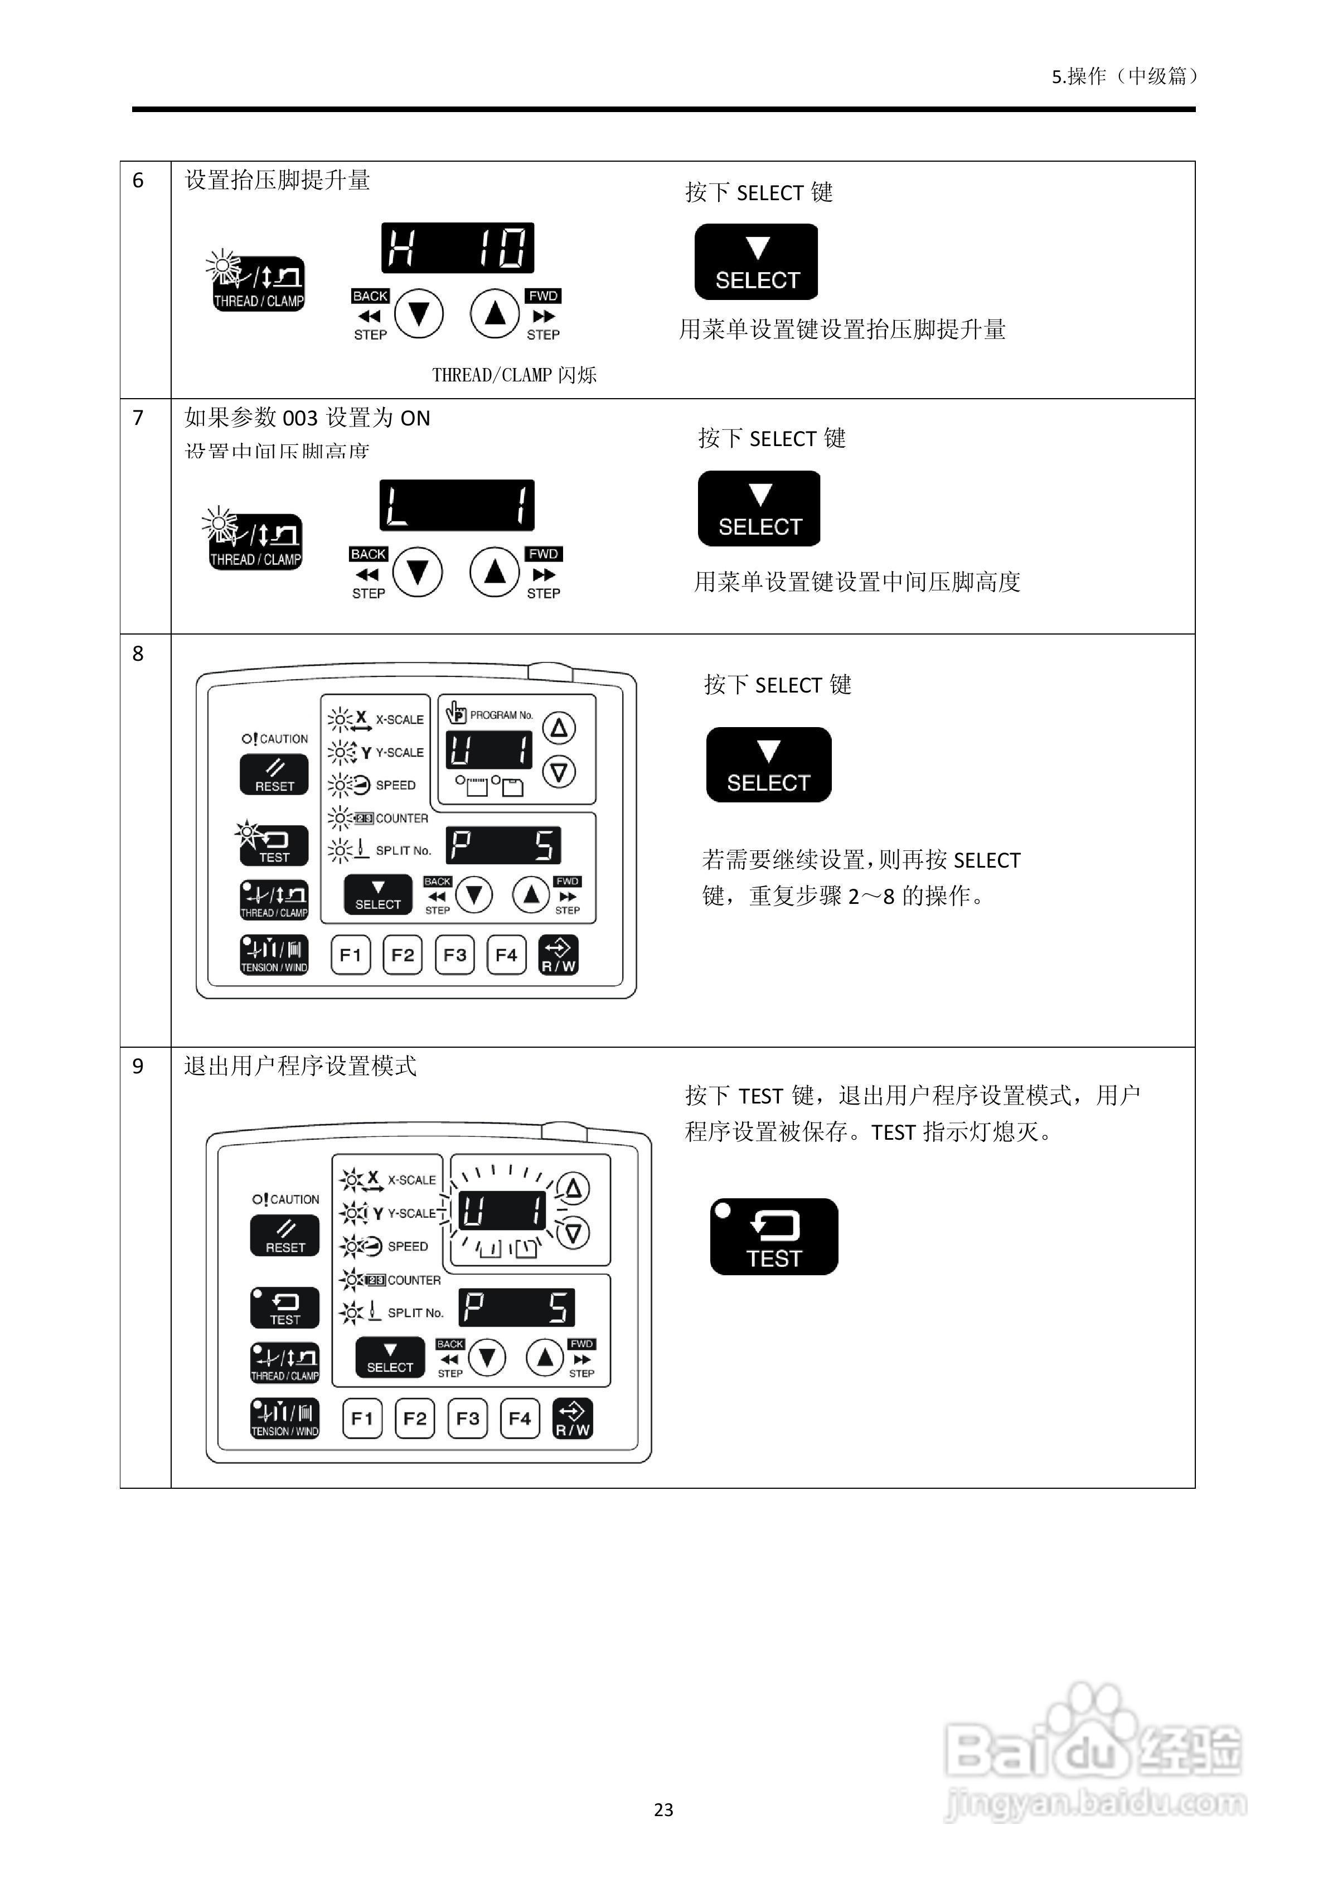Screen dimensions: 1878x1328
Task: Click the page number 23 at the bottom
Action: click(x=663, y=1809)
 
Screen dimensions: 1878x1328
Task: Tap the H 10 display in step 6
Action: click(x=457, y=248)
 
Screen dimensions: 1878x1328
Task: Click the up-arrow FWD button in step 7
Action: click(x=495, y=572)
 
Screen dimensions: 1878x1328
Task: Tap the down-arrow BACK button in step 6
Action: click(x=419, y=313)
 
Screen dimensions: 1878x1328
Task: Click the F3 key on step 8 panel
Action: click(x=455, y=955)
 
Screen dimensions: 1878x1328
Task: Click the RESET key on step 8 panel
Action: click(x=274, y=775)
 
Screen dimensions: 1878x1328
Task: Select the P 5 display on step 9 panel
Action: click(x=516, y=1307)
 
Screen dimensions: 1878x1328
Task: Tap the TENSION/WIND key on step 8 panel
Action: click(x=274, y=955)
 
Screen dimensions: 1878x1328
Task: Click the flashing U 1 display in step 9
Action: click(x=501, y=1210)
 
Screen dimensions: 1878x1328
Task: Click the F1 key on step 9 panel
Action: click(x=362, y=1419)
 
